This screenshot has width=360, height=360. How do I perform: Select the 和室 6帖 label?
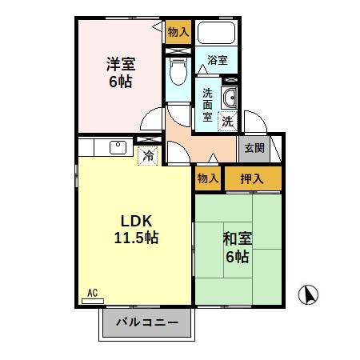pyautogui.click(x=236, y=248)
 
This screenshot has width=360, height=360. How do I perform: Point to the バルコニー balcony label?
pyautogui.click(x=146, y=324)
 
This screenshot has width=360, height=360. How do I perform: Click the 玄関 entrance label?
pyautogui.click(x=254, y=147)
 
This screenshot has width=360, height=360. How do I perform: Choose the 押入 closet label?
pyautogui.click(x=253, y=178)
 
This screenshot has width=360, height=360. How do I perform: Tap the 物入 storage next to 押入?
pyautogui.click(x=208, y=178)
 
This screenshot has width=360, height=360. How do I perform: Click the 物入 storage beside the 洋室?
pyautogui.click(x=178, y=33)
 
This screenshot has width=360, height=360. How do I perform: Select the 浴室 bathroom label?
pyautogui.click(x=217, y=61)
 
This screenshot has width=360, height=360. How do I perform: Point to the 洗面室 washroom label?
pyautogui.click(x=207, y=105)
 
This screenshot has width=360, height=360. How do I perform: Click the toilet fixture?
pyautogui.click(x=177, y=73)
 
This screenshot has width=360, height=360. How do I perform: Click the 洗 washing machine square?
pyautogui.click(x=228, y=122)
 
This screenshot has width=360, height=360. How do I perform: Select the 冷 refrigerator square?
pyautogui.click(x=147, y=156)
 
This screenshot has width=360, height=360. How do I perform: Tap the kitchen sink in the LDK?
pyautogui.click(x=117, y=147)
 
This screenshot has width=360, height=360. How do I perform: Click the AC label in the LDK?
pyautogui.click(x=92, y=295)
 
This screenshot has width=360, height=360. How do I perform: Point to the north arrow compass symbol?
pyautogui.click(x=309, y=294)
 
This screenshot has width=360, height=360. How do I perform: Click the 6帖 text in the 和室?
pyautogui.click(x=237, y=257)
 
